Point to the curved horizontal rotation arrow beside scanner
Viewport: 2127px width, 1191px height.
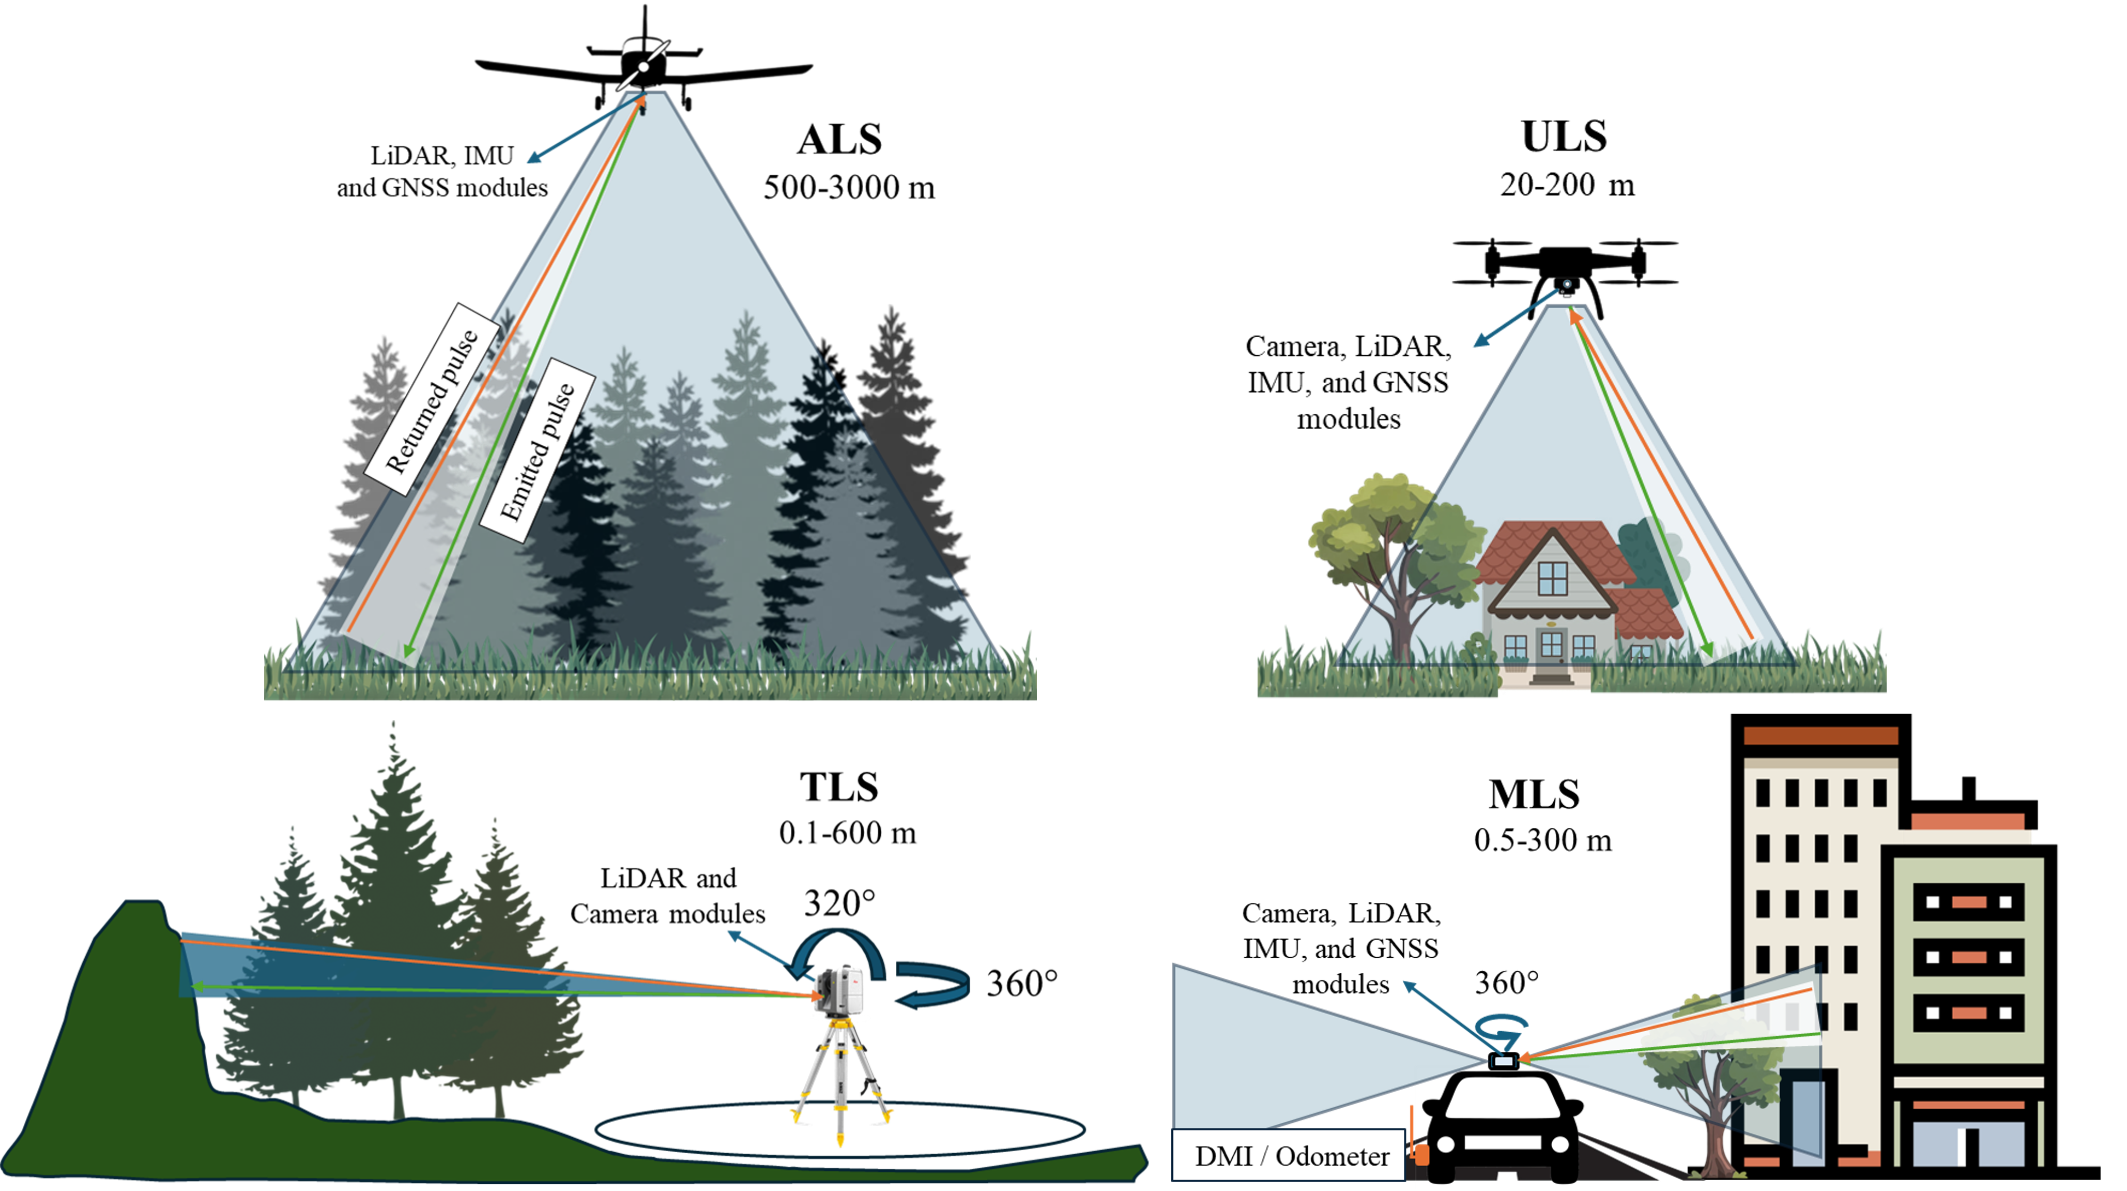[x=932, y=987]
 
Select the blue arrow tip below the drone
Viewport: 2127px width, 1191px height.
[x=1476, y=345]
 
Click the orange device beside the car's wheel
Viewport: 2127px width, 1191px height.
[x=1420, y=1152]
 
